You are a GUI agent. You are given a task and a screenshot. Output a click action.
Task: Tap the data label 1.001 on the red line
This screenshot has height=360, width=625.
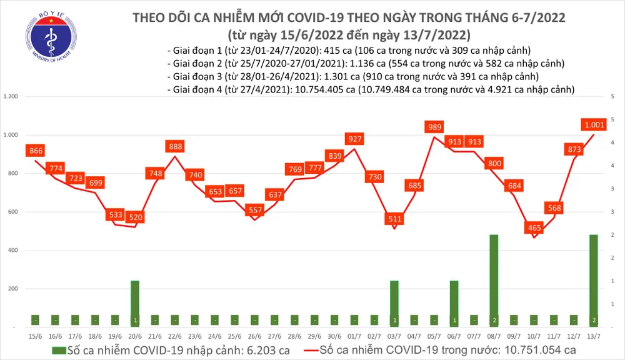tap(594, 124)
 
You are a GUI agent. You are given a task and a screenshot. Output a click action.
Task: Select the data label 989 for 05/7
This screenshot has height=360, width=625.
tap(434, 127)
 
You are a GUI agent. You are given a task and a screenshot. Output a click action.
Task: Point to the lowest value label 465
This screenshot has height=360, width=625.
tap(534, 229)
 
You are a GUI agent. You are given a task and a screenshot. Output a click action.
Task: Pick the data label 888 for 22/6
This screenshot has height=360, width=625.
tap(175, 146)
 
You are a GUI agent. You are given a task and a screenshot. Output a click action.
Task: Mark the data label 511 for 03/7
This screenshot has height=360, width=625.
tap(394, 219)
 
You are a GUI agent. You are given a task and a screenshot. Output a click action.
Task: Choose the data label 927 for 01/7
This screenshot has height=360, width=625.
tap(355, 138)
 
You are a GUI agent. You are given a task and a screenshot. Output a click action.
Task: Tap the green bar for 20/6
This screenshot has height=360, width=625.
tap(135, 303)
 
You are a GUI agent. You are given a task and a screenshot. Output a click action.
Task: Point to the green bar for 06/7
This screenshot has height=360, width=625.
tap(454, 303)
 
